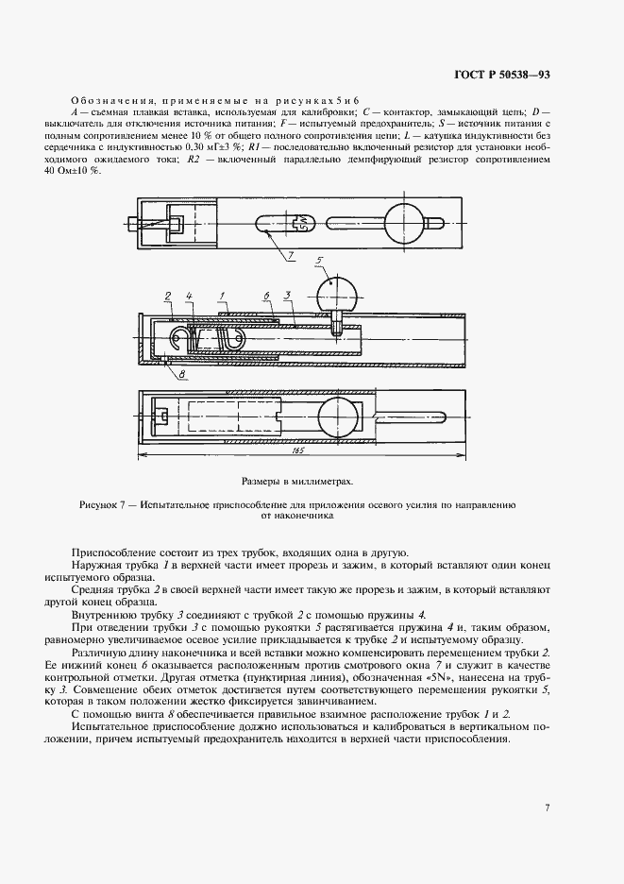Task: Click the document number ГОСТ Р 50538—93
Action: click(x=538, y=75)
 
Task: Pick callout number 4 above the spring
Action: click(x=189, y=297)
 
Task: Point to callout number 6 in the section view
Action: click(x=266, y=297)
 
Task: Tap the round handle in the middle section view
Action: click(x=337, y=293)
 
